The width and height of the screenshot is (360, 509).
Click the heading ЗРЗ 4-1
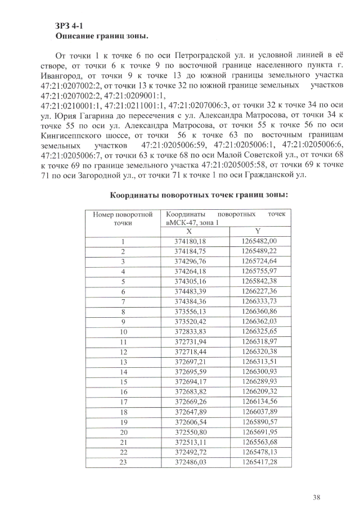[x=69, y=26]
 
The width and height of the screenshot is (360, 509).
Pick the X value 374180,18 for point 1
[x=190, y=241]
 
